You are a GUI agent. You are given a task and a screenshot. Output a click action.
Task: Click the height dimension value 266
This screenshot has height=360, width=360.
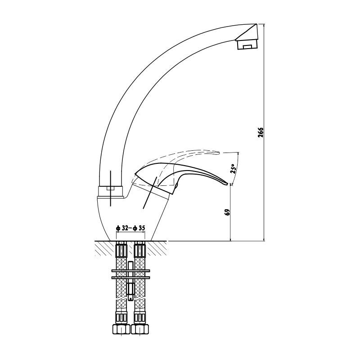261,132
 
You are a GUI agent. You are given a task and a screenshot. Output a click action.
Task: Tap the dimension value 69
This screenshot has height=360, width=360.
228,212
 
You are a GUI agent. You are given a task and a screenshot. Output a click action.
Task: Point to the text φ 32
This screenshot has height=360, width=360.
122,228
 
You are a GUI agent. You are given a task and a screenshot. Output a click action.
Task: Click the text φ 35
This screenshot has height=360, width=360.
139,228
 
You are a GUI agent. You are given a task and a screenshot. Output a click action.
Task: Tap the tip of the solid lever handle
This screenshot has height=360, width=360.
228,184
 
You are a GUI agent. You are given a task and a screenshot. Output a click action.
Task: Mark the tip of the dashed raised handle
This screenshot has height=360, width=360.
219,152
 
